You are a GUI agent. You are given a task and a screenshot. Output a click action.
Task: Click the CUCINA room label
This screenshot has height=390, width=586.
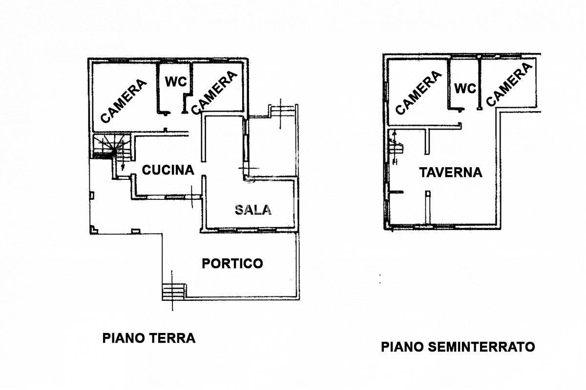point(168,170)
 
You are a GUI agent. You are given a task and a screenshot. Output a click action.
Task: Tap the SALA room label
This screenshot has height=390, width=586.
point(253,210)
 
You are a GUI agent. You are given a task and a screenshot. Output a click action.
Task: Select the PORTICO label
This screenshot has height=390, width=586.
point(232,263)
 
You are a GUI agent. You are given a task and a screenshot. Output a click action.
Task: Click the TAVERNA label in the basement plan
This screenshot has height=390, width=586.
point(451,173)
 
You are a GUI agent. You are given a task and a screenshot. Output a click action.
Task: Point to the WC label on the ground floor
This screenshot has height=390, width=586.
point(176,81)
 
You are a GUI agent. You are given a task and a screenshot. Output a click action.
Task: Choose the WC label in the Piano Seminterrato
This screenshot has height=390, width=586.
point(465,89)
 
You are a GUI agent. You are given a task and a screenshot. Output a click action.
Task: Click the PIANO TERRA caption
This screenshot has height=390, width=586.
point(149,338)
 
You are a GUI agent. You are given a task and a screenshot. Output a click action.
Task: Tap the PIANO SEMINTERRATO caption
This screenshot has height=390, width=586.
point(458,347)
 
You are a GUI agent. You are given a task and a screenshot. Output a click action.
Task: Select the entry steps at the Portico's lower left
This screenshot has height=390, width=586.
point(174,292)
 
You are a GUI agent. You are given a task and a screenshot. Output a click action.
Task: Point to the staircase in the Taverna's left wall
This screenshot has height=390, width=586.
point(395,148)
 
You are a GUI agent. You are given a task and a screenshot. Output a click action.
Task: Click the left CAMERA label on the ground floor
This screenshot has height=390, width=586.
point(124,101)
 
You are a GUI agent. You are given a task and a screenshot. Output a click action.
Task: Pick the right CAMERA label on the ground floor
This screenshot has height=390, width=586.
point(214,93)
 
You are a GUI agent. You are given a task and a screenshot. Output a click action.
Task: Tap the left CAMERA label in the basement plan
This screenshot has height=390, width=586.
point(419,93)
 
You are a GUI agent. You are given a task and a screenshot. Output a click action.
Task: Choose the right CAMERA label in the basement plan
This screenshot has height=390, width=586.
point(509,84)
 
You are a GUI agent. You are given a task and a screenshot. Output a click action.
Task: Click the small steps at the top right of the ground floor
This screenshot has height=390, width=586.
point(283,111)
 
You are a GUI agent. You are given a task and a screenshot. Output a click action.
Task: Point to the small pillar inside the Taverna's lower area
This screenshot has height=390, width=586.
point(428,207)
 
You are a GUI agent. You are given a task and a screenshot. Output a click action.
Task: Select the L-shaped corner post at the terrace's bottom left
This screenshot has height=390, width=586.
point(94,230)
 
